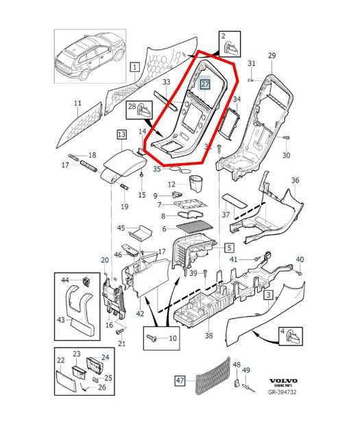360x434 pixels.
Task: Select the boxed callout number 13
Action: point(121,135)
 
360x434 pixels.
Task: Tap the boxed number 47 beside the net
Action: point(180,379)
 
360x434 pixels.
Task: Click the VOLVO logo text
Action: point(282,381)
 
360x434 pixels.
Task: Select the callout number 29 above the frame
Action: point(271,56)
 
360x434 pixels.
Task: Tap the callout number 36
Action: point(296,181)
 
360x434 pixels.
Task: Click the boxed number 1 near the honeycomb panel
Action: point(134,67)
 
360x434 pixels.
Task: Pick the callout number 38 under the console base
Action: point(208,336)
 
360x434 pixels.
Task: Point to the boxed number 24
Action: point(105,357)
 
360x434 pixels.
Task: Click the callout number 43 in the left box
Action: point(61,320)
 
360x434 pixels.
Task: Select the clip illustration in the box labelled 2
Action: point(230,47)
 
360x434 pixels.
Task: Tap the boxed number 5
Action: point(229,247)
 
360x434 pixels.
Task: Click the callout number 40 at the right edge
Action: point(299,258)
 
